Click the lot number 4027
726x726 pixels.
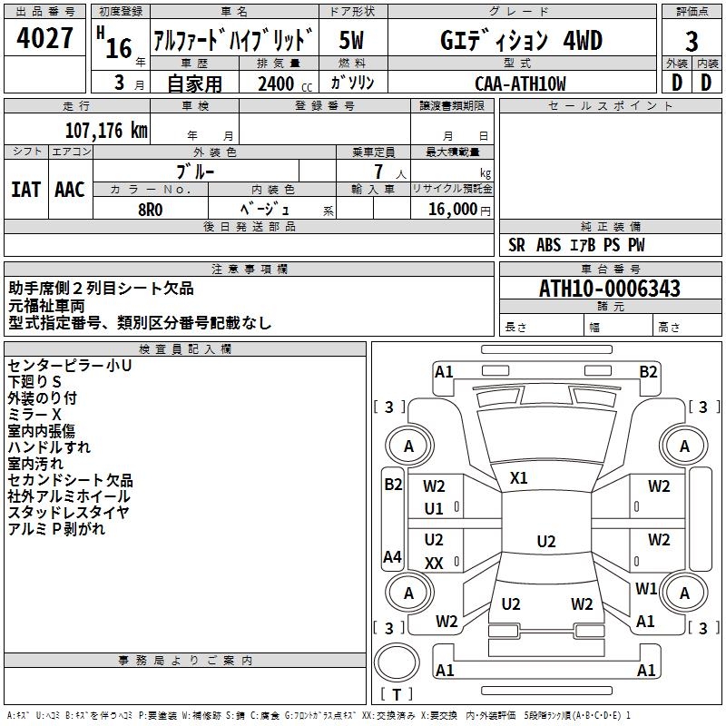pos(44,39)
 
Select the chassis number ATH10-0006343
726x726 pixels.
pos(609,289)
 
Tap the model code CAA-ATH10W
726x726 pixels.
pos(520,83)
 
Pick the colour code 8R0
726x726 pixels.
pos(150,208)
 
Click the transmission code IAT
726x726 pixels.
pos(25,189)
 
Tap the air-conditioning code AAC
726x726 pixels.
pos(69,189)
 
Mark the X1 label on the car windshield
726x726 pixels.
pos(519,477)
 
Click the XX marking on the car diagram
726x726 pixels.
pos(434,563)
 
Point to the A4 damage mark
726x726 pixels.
pos(392,557)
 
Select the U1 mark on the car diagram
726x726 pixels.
pos(434,509)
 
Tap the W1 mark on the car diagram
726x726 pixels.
pos(646,589)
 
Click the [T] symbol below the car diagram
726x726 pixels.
pos(397,694)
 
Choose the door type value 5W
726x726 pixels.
pos(351,41)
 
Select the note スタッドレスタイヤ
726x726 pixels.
pos(68,513)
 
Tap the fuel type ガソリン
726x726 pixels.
pos(351,83)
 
